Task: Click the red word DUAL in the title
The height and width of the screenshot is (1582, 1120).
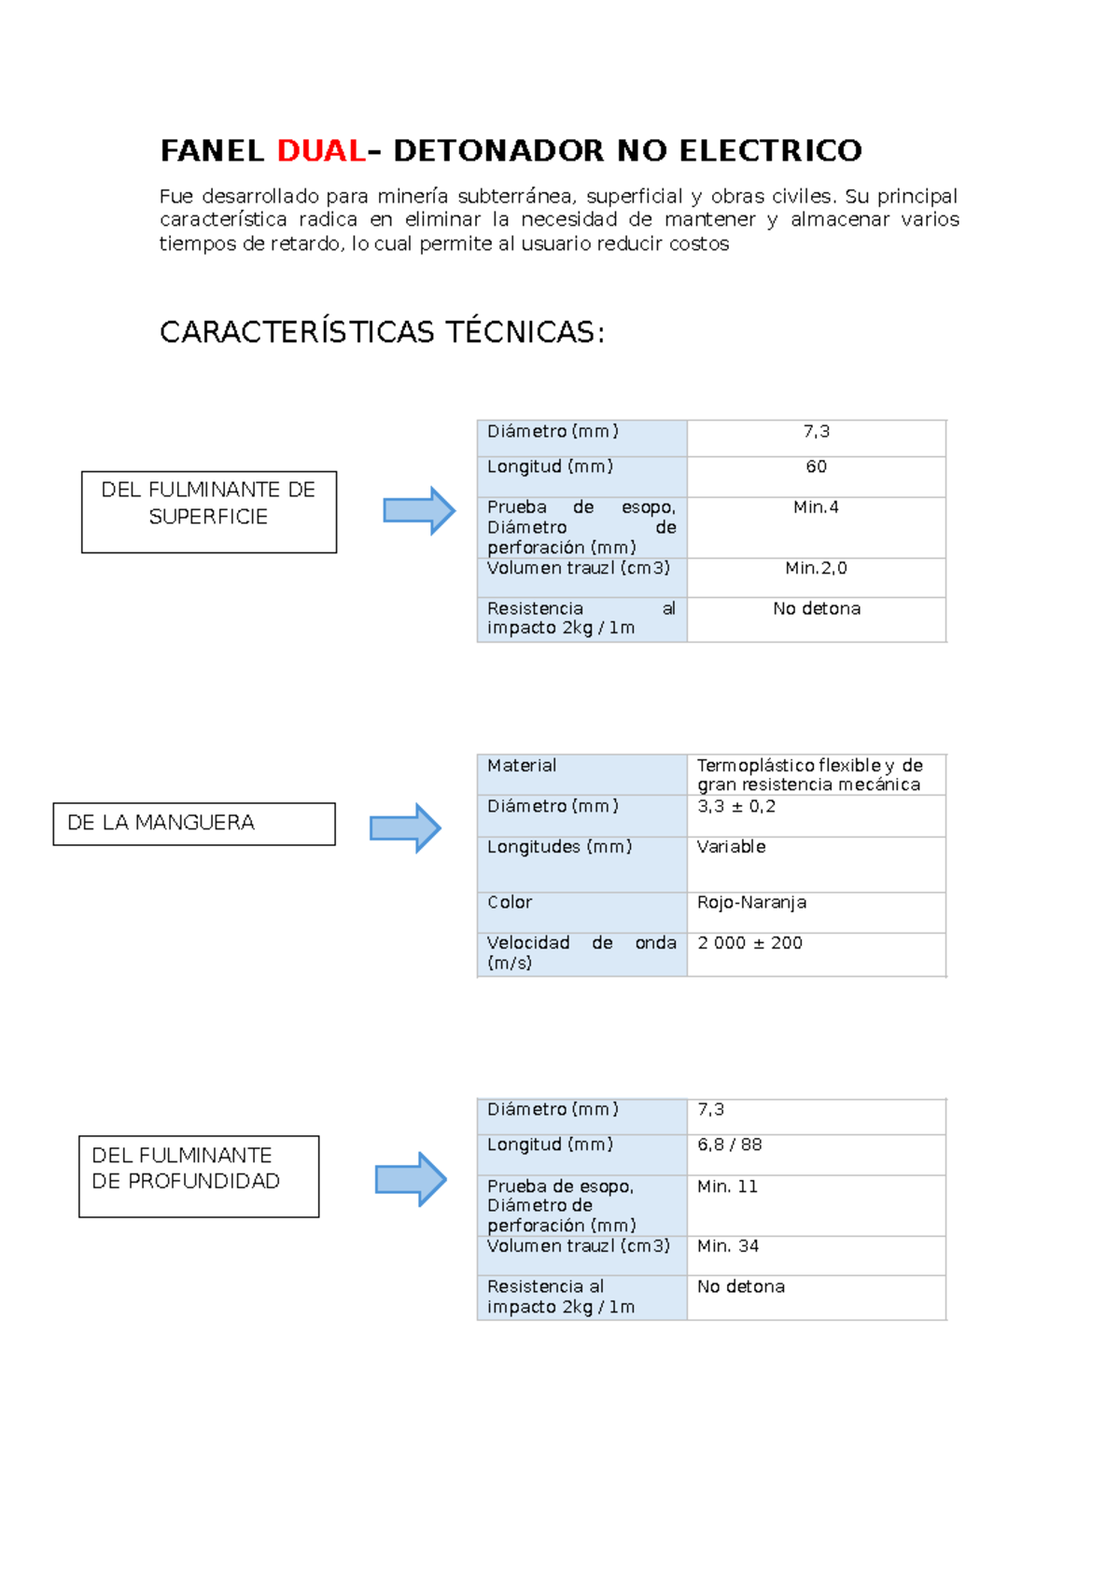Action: (x=321, y=150)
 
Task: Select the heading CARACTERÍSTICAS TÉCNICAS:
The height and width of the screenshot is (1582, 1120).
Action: (x=383, y=332)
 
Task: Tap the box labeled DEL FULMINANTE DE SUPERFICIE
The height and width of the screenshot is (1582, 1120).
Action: (x=209, y=512)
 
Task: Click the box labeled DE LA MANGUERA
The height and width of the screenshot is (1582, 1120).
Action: (x=194, y=824)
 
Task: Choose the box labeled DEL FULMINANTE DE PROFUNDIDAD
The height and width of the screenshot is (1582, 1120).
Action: (x=199, y=1176)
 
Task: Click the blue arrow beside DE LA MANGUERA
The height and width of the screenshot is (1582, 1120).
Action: (x=406, y=827)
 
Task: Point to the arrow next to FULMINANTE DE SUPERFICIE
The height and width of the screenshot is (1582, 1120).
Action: (x=419, y=510)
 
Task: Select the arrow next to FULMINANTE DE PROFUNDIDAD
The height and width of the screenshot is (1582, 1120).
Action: (x=411, y=1179)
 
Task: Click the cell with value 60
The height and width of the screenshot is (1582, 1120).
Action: (x=816, y=476)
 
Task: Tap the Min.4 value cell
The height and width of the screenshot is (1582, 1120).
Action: (x=816, y=528)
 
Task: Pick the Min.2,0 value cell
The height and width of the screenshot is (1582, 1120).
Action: (x=816, y=577)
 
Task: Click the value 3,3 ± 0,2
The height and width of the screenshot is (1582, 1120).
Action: (x=736, y=807)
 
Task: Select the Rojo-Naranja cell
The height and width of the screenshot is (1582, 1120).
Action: (x=816, y=911)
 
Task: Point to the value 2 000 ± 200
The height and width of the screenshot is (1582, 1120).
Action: (x=749, y=943)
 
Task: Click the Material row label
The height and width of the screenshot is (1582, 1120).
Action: (x=522, y=766)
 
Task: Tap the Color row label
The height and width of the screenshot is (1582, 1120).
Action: (x=510, y=902)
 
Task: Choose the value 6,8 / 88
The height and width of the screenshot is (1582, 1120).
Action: (x=730, y=1145)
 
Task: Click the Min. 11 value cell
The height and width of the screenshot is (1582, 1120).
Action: (x=816, y=1205)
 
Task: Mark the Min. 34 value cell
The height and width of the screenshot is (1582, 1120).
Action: (x=816, y=1255)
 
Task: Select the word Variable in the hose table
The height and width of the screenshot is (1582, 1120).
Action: (x=732, y=846)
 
